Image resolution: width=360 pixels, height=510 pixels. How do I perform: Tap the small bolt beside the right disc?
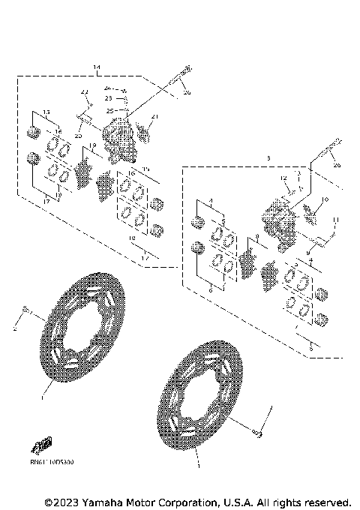(257, 432)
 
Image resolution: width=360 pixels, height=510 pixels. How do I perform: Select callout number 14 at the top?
(97, 68)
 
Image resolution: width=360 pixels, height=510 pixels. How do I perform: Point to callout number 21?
(156, 116)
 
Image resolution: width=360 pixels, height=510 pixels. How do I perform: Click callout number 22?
(85, 91)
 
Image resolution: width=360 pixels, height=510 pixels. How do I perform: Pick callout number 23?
(108, 97)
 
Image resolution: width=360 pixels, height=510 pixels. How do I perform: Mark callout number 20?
(77, 136)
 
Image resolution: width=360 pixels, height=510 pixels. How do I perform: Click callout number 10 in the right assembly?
(326, 199)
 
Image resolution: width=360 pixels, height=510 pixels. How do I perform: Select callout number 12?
(283, 178)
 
